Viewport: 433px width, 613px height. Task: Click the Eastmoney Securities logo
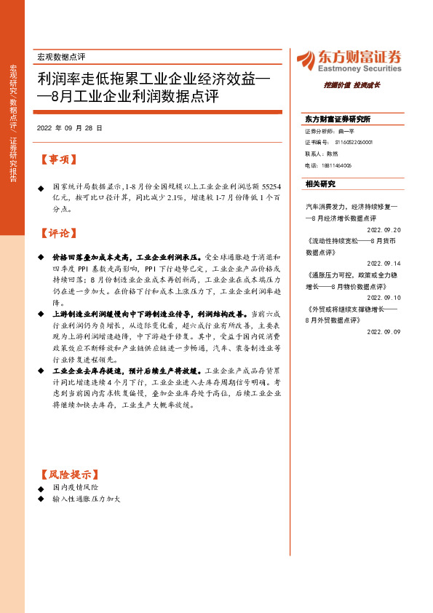click(x=349, y=60)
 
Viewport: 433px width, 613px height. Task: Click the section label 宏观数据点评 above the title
click(x=60, y=56)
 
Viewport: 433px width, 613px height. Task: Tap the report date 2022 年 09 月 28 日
click(x=69, y=127)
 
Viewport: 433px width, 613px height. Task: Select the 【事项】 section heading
click(x=57, y=159)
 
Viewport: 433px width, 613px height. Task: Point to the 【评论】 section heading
click(x=57, y=234)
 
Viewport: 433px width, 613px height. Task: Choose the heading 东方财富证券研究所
click(x=337, y=119)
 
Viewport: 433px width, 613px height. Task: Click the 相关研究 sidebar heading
click(x=320, y=184)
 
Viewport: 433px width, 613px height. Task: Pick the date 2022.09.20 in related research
click(x=384, y=229)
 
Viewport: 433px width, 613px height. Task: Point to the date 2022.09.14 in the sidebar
click(x=384, y=263)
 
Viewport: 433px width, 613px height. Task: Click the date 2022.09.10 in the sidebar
click(x=384, y=297)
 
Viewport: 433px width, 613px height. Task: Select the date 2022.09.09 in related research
click(x=384, y=331)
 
